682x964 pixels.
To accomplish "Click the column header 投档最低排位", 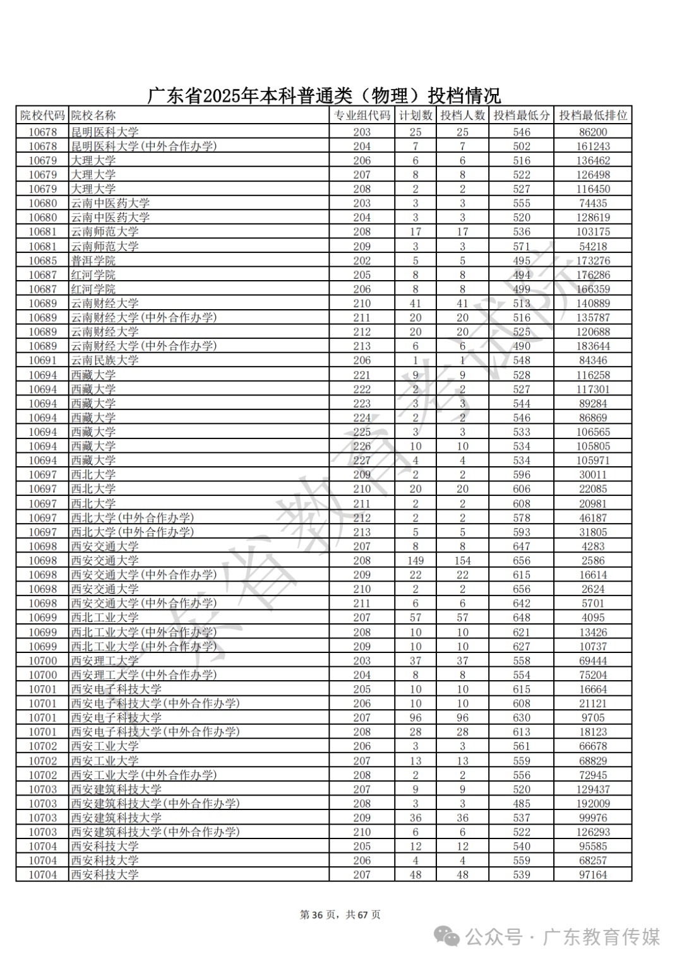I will pos(593,115).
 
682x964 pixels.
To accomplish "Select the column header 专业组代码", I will pos(362,115).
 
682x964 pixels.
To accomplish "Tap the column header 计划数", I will pos(416,115).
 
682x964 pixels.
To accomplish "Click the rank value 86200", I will pos(593,132).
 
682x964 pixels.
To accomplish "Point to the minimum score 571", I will pos(522,246).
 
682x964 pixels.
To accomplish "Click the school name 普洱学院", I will pos(93,261).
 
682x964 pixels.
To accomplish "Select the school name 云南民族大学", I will pos(105,360).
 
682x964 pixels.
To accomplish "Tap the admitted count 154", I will pos(462,560).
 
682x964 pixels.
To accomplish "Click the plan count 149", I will pos(416,560).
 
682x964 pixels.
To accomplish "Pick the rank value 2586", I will pos(593,560).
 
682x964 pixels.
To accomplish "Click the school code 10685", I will pos(42,261).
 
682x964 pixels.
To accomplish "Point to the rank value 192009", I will pos(593,804).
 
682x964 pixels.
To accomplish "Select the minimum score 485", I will pos(522,804).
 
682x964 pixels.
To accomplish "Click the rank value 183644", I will pos(593,346).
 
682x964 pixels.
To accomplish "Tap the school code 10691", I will pos(42,360).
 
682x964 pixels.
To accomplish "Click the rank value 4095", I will pos(593,618).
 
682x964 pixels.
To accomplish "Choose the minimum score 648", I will pos(522,618).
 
